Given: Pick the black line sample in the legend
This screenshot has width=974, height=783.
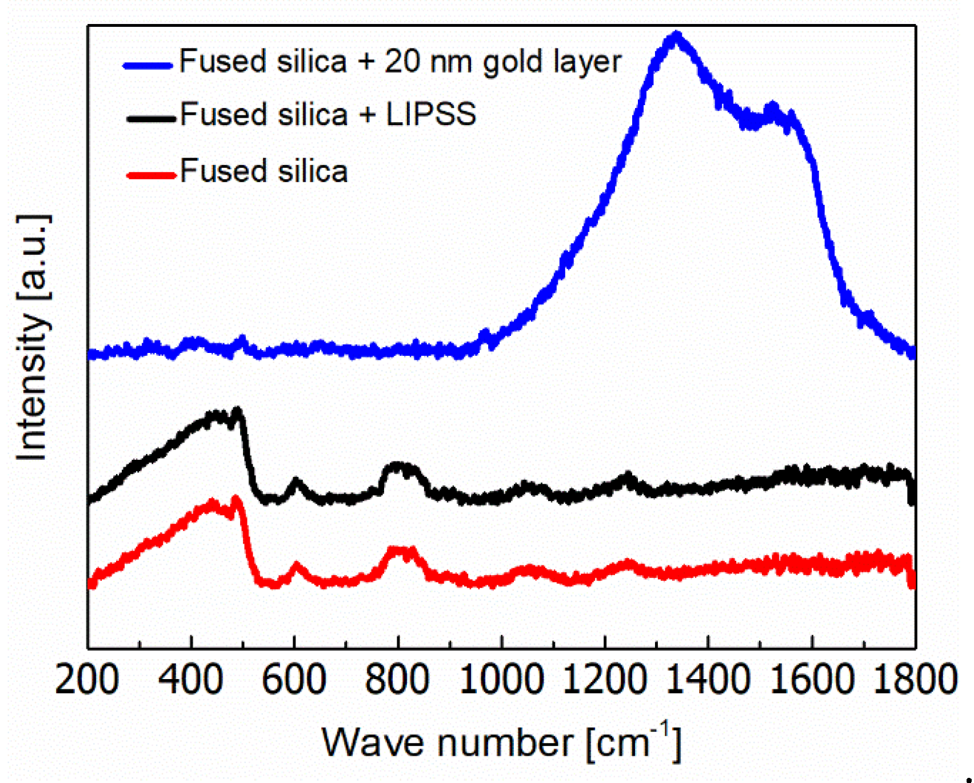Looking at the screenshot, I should point(150,118).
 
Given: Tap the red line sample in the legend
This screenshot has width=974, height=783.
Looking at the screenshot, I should point(150,175).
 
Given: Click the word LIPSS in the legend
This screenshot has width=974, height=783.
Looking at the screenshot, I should point(431,114).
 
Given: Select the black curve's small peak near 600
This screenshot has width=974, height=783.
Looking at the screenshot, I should point(295,481).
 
